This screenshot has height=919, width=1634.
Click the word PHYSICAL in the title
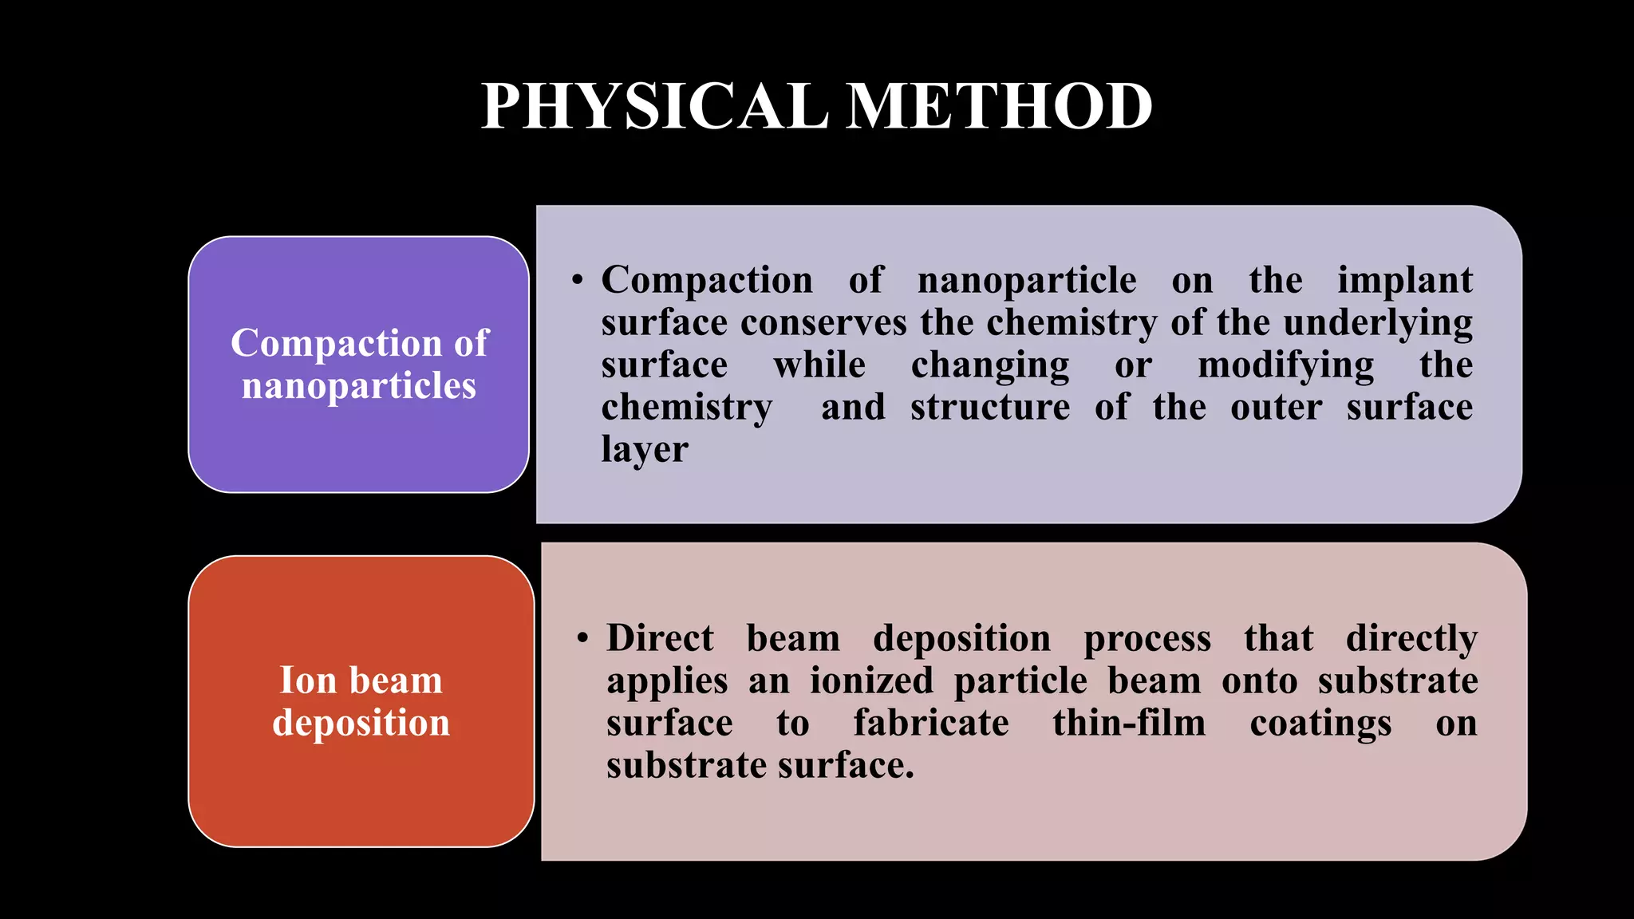[x=654, y=107]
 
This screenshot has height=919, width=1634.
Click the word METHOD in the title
[x=999, y=107]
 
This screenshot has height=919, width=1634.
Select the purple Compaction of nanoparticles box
[x=358, y=364]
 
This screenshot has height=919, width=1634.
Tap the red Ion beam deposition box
[x=361, y=701]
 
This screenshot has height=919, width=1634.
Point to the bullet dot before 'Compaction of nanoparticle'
[x=578, y=281]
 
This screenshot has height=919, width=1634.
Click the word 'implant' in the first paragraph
[x=1404, y=281]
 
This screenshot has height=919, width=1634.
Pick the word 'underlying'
[x=1378, y=323]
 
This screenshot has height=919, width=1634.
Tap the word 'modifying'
[x=1285, y=365]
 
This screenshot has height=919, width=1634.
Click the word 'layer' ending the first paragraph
[x=645, y=450]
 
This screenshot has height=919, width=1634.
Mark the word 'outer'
[x=1276, y=408]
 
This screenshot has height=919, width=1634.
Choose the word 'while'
[x=819, y=365]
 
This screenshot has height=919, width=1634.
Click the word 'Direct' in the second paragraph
[x=660, y=639]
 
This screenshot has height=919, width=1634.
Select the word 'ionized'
[x=871, y=681]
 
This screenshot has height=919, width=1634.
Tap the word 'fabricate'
[x=931, y=724]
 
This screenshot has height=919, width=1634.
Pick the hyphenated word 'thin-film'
[x=1129, y=724]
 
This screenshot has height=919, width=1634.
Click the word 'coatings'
[x=1320, y=724]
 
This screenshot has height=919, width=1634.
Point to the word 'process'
[x=1147, y=639]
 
